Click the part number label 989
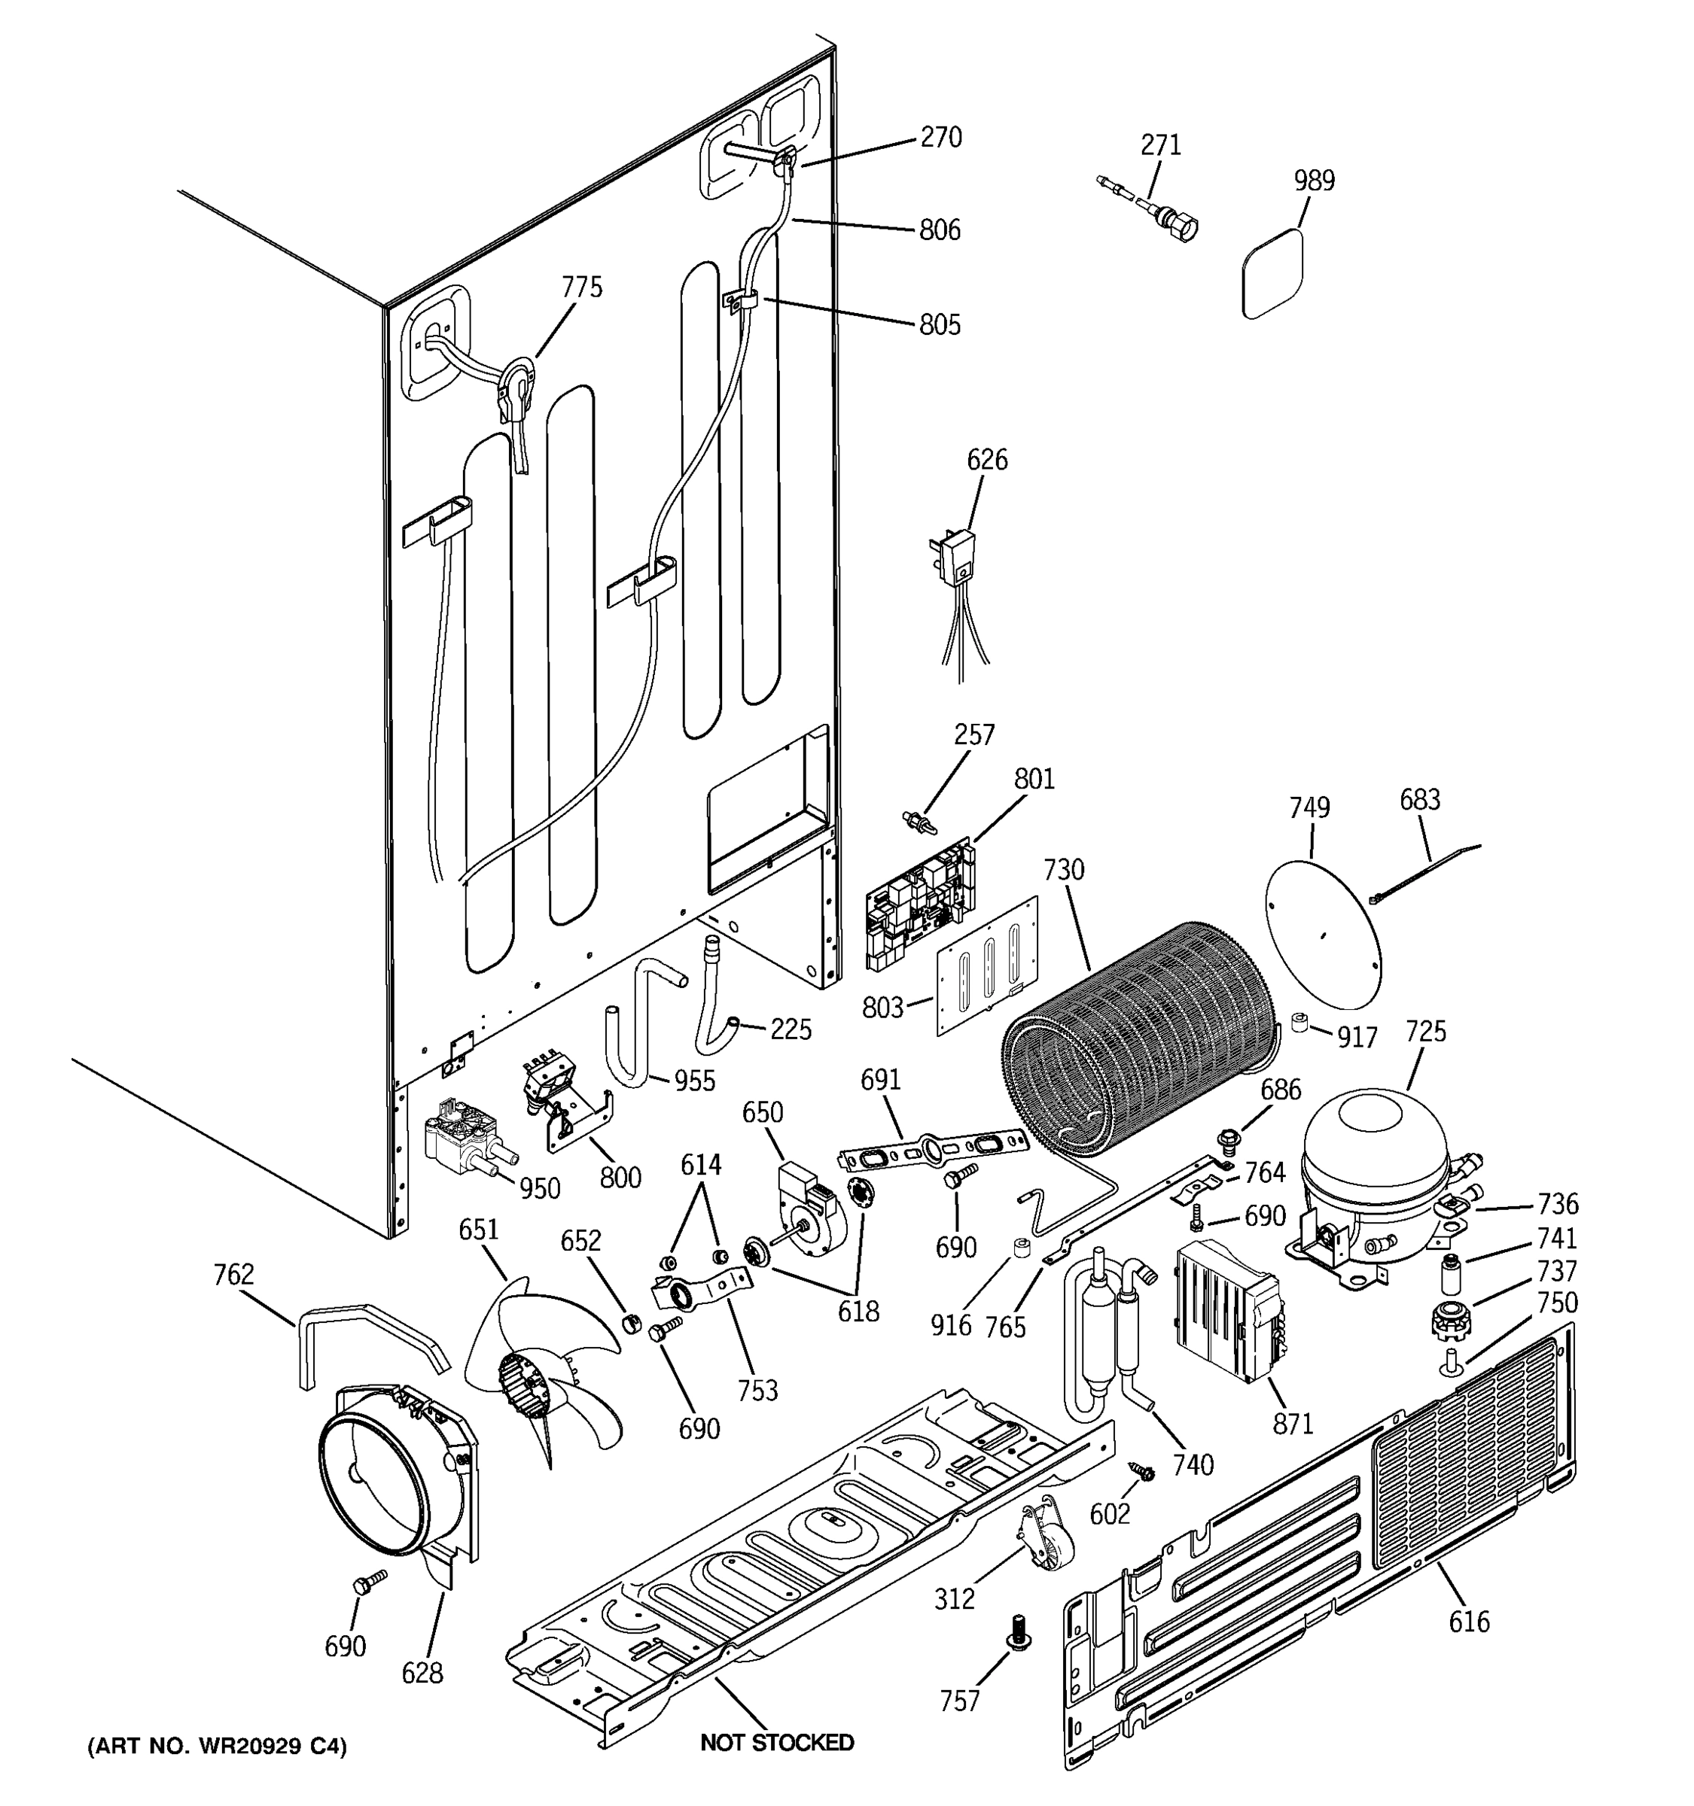(1314, 181)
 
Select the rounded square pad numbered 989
(1273, 273)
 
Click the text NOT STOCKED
(777, 1742)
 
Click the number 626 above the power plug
(987, 460)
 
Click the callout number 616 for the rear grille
(1470, 1621)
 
